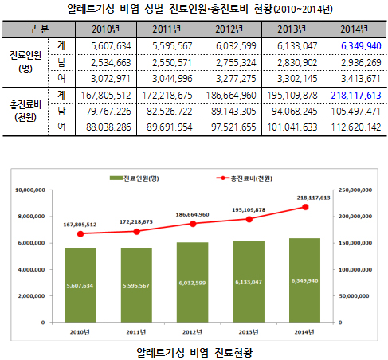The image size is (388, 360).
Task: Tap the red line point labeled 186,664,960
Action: (x=193, y=223)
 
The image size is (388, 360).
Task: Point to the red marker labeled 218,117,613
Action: (x=304, y=207)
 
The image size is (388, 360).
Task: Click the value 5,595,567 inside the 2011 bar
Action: (x=136, y=284)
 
